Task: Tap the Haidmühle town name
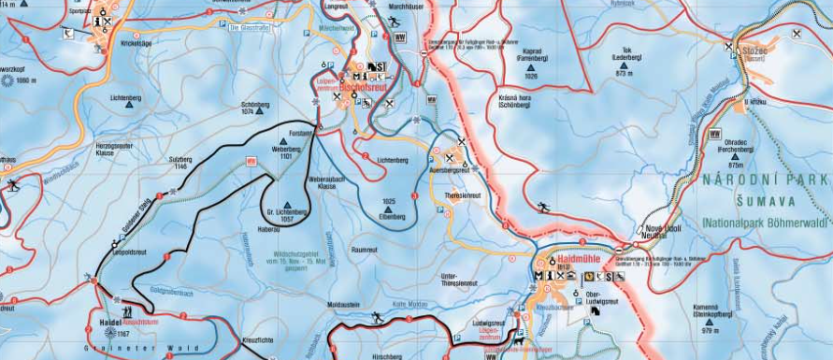point(568,261)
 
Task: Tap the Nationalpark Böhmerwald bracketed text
point(767,222)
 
